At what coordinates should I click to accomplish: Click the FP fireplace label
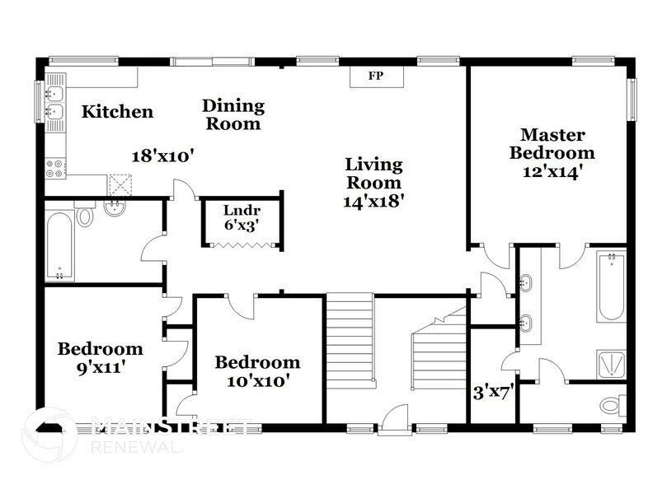point(378,77)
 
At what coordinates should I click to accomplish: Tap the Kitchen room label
point(117,111)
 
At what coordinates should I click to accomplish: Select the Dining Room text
point(233,114)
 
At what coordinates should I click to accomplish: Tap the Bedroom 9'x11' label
point(99,357)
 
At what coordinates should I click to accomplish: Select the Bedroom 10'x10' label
point(257,371)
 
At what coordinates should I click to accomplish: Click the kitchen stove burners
point(55,168)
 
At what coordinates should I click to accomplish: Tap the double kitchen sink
point(54,102)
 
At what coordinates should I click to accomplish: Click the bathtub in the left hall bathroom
point(61,245)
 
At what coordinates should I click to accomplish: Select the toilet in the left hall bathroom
point(85,216)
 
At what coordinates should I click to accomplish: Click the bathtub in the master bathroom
point(611,287)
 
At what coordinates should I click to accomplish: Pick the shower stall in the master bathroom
point(611,363)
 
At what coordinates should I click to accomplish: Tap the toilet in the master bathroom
point(611,405)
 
